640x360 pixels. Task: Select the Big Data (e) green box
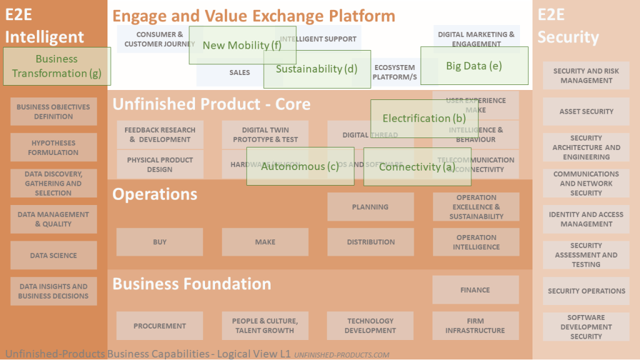tap(474, 66)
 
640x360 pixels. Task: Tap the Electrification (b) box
tap(424, 118)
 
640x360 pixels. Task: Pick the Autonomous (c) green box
tap(300, 166)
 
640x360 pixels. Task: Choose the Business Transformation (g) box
tap(57, 66)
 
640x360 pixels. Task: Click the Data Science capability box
tap(54, 256)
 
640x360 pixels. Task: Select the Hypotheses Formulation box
tap(54, 147)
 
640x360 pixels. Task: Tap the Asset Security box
tap(586, 112)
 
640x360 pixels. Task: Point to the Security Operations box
tap(586, 291)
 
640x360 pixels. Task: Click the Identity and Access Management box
tap(586, 219)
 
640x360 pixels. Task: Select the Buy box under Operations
tap(160, 242)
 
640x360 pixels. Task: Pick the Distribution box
tap(371, 242)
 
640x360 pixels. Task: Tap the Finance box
tap(476, 290)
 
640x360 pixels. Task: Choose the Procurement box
tap(160, 326)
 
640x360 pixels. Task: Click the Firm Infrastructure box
tap(476, 326)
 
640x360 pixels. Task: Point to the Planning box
tap(371, 207)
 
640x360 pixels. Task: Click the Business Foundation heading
tap(192, 284)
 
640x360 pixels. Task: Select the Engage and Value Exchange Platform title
tap(254, 16)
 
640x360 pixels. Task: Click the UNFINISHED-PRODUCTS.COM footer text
tap(341, 355)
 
